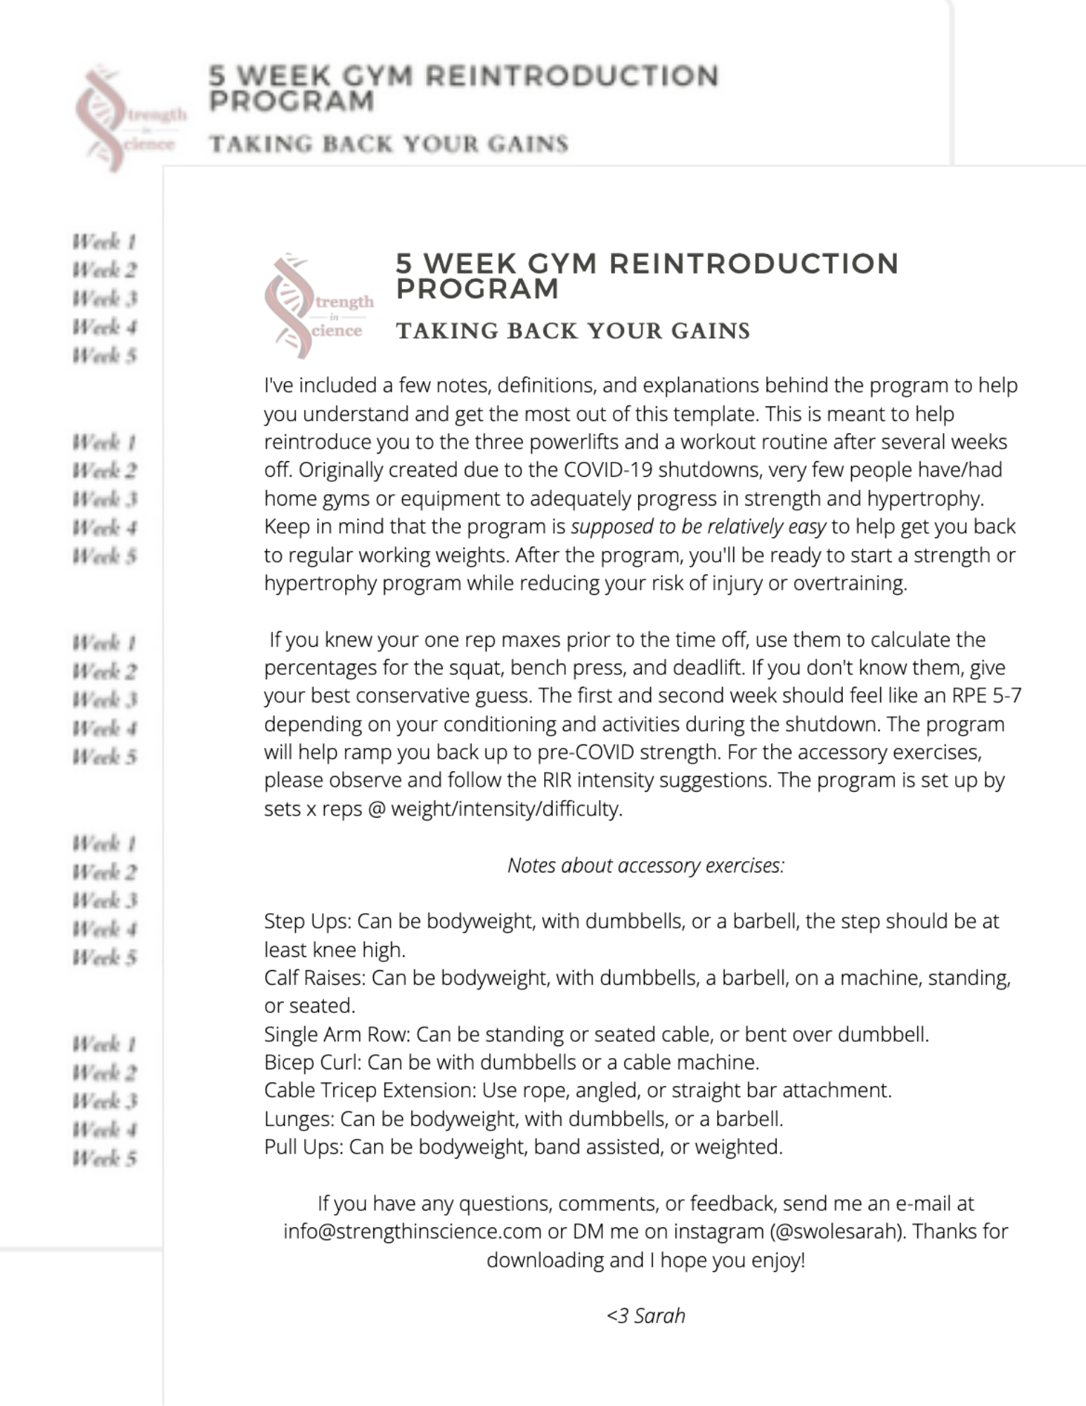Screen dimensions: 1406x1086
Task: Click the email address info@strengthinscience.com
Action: pos(413,1231)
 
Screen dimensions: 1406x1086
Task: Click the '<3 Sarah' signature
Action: pos(645,1315)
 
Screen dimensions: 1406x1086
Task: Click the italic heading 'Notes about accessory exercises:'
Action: pos(645,865)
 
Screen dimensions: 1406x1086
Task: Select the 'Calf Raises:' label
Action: pos(314,977)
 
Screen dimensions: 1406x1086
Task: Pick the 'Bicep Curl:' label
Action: pos(312,1062)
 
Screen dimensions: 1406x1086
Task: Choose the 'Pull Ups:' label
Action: pos(303,1147)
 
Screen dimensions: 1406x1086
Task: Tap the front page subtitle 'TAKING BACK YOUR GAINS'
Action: pos(573,330)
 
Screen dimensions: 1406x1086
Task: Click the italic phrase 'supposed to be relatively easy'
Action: pos(698,527)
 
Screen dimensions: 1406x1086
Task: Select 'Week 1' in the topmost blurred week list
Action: pos(104,242)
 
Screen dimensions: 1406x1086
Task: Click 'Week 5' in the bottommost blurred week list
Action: pos(104,1158)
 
